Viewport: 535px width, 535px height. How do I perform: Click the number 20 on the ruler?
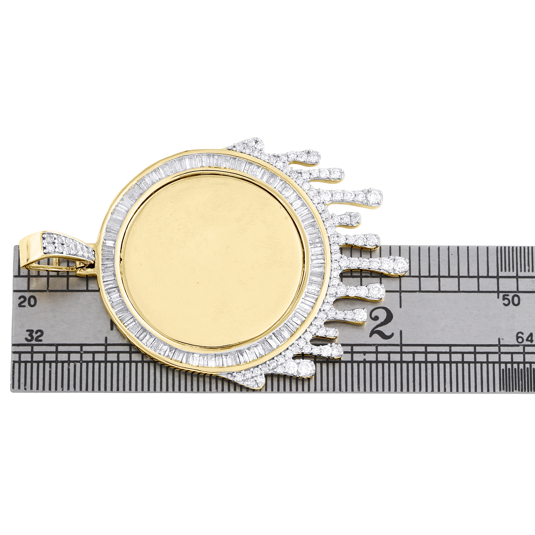[27, 301]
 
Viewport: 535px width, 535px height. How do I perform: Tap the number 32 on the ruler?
[34, 336]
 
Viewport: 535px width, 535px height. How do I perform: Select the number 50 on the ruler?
[511, 300]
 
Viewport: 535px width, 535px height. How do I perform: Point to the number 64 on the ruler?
[525, 337]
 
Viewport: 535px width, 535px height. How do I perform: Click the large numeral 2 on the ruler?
[382, 323]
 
